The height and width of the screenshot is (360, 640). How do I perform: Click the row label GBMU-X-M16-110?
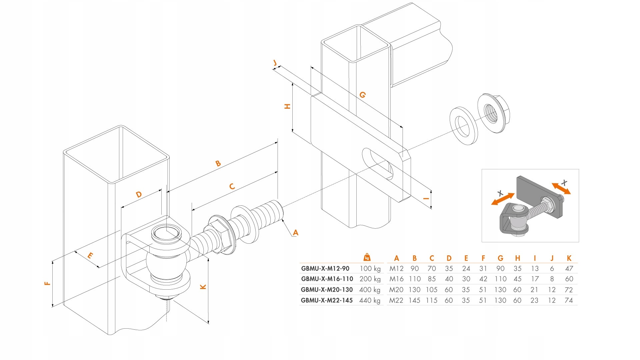(327, 279)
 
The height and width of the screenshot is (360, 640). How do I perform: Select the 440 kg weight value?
(370, 300)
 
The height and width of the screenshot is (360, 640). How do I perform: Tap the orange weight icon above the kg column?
(367, 257)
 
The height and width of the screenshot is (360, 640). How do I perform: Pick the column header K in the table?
(569, 258)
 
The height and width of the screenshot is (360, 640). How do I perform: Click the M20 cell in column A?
(396, 290)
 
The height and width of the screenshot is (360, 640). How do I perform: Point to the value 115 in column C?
(431, 300)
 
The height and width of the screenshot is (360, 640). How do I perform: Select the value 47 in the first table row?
(569, 269)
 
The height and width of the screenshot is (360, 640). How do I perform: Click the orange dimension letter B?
(218, 163)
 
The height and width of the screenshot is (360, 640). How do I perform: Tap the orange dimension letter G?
(363, 95)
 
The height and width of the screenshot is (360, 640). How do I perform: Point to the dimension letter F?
(47, 283)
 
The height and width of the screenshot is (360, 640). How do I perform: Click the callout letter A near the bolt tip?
(295, 233)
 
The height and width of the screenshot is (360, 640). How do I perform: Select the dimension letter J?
(275, 63)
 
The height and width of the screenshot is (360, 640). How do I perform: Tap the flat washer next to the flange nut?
(463, 126)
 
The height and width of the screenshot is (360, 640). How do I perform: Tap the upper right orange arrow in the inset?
(561, 188)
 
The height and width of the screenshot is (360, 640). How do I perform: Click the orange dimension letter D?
(139, 194)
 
